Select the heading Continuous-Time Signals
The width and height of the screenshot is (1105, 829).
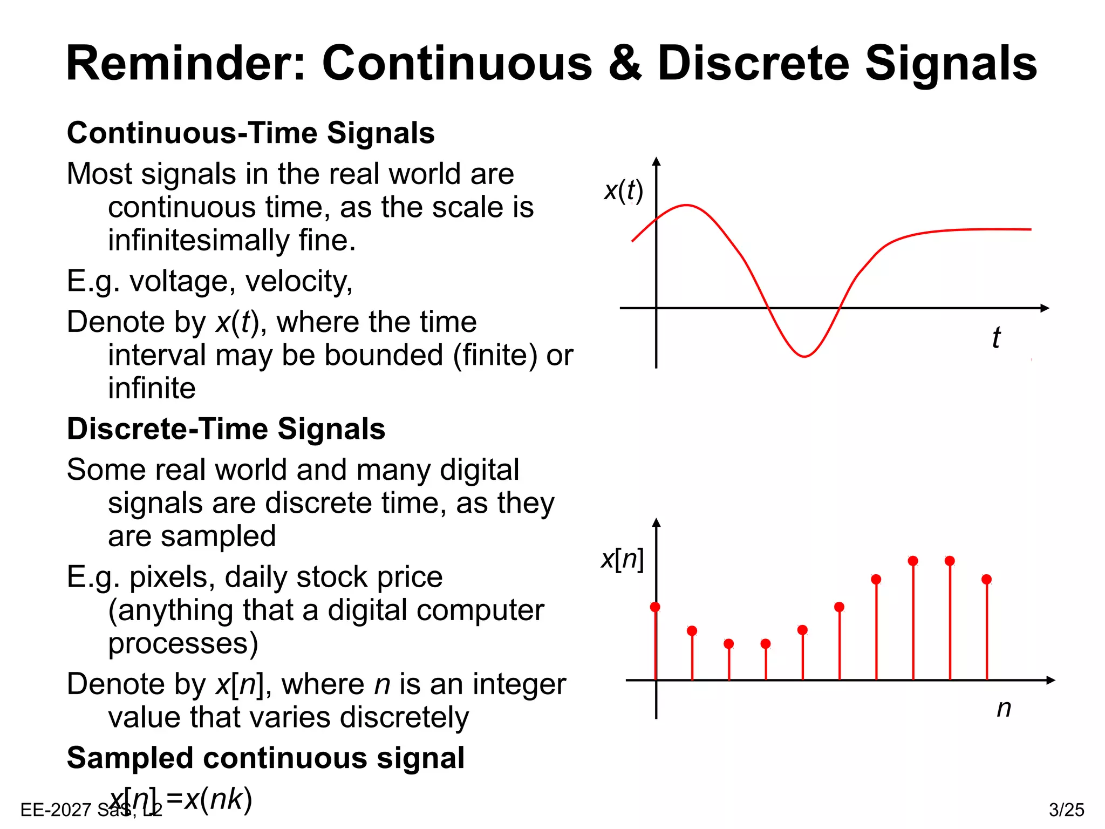[250, 133]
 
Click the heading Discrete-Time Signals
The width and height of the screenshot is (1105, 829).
[226, 429]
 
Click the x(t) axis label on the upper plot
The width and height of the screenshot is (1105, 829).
[623, 191]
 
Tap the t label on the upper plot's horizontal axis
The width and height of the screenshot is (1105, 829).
[996, 338]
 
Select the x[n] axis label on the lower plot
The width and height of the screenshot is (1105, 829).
[622, 559]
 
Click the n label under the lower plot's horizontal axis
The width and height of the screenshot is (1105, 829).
[1004, 708]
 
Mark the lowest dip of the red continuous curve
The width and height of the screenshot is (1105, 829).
[804, 356]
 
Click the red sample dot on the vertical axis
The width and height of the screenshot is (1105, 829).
[655, 607]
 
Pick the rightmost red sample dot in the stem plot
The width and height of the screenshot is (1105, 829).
[986, 580]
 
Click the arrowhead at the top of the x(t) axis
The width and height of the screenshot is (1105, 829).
[656, 161]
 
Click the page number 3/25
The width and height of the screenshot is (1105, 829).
[1066, 810]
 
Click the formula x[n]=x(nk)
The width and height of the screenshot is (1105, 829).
[181, 799]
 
